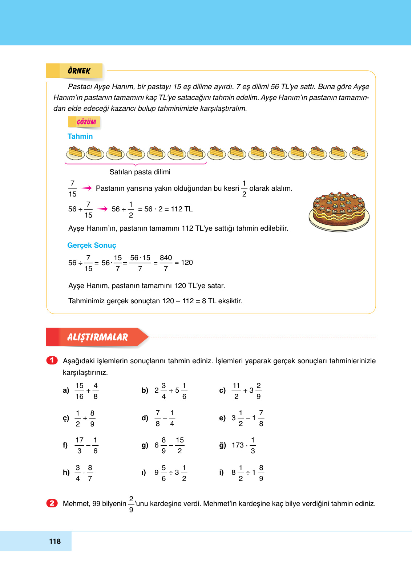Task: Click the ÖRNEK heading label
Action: click(x=79, y=71)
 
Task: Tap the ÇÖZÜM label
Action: click(x=86, y=122)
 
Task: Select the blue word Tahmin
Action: click(x=80, y=137)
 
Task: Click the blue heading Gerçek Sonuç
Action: click(x=92, y=246)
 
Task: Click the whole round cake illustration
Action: click(x=339, y=212)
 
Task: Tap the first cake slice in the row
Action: click(x=76, y=153)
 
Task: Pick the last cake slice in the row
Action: click(x=358, y=153)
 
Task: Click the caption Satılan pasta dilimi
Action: click(x=140, y=172)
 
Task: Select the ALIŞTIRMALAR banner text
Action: click(x=97, y=337)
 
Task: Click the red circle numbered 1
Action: click(x=52, y=360)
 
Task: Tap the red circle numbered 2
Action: click(x=52, y=503)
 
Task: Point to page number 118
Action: click(x=55, y=541)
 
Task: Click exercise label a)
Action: click(x=66, y=391)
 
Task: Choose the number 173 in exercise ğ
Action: click(x=238, y=445)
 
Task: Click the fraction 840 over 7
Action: click(x=166, y=263)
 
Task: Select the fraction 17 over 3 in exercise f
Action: click(x=80, y=445)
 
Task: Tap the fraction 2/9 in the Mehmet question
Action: click(x=131, y=504)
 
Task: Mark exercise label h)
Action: click(x=66, y=473)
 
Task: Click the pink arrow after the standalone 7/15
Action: click(x=86, y=188)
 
